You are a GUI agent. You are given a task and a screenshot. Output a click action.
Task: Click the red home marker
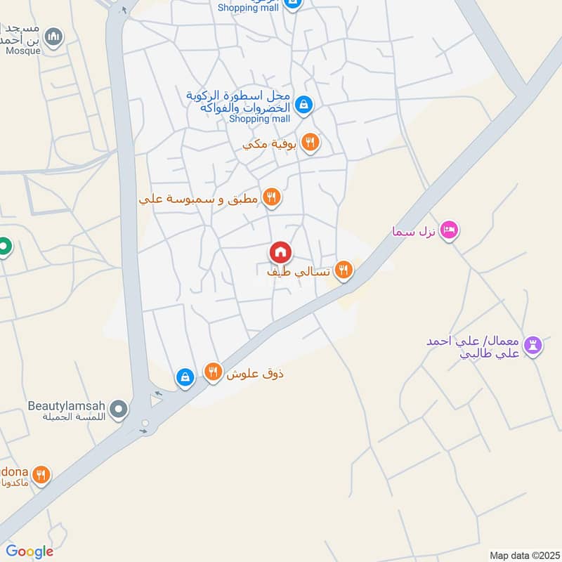[280, 252]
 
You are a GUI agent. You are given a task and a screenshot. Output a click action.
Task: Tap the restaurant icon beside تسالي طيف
[343, 269]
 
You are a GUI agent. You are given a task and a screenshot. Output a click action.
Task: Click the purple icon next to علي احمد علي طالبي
[533, 344]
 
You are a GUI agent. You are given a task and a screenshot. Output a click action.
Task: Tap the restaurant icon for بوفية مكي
[310, 143]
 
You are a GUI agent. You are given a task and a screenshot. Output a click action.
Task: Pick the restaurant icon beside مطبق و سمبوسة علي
[271, 197]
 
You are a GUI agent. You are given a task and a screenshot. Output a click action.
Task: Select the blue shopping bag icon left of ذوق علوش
[185, 377]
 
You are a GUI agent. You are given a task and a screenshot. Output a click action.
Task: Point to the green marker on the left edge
[4, 247]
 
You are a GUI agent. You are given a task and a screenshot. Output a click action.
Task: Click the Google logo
[30, 551]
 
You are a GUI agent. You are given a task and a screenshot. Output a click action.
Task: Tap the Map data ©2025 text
[523, 555]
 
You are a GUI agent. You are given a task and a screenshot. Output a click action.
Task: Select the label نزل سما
[415, 231]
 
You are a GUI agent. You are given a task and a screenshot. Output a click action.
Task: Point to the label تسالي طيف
[298, 270]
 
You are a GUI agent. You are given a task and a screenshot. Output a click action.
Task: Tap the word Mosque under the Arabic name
[23, 51]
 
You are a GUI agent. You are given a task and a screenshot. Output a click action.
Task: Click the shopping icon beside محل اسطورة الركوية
[303, 105]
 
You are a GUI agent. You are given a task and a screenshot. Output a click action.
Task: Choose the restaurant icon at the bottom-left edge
[41, 475]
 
